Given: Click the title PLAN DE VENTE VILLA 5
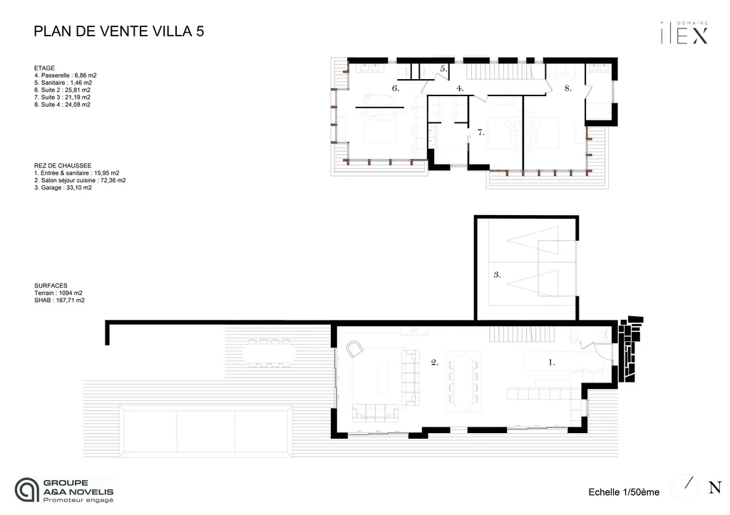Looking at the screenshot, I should [120, 31].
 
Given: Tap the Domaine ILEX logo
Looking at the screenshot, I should [684, 33].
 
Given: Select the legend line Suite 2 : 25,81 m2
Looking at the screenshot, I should [62, 90].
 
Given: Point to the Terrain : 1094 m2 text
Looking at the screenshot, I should [58, 293].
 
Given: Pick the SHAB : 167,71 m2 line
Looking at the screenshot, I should [59, 301].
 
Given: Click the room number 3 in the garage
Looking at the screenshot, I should [497, 274].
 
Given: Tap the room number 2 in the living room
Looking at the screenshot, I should [434, 362].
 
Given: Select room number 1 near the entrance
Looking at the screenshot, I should [551, 362].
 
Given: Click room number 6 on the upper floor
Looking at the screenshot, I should [395, 88].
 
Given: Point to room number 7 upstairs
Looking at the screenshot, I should [480, 132].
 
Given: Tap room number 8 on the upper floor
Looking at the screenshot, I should [567, 88].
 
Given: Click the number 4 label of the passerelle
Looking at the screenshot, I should [460, 88].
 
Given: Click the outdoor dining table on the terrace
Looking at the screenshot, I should [269, 351].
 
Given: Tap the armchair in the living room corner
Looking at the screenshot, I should [354, 348].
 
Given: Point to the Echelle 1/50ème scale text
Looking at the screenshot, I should [624, 491].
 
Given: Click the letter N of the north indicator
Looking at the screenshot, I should [714, 488].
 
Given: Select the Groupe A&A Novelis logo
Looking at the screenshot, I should [65, 490].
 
